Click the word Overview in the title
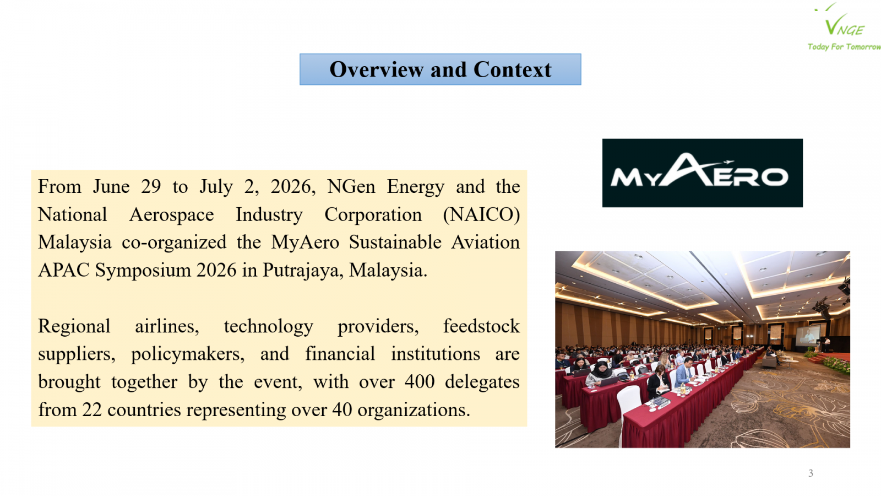(377, 69)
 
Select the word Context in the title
(513, 69)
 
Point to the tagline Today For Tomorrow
(844, 47)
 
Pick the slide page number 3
(811, 473)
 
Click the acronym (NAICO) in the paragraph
(481, 215)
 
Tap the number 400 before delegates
(420, 381)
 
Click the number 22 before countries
(92, 410)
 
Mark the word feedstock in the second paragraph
(481, 326)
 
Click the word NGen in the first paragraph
(351, 187)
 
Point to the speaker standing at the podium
(827, 344)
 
